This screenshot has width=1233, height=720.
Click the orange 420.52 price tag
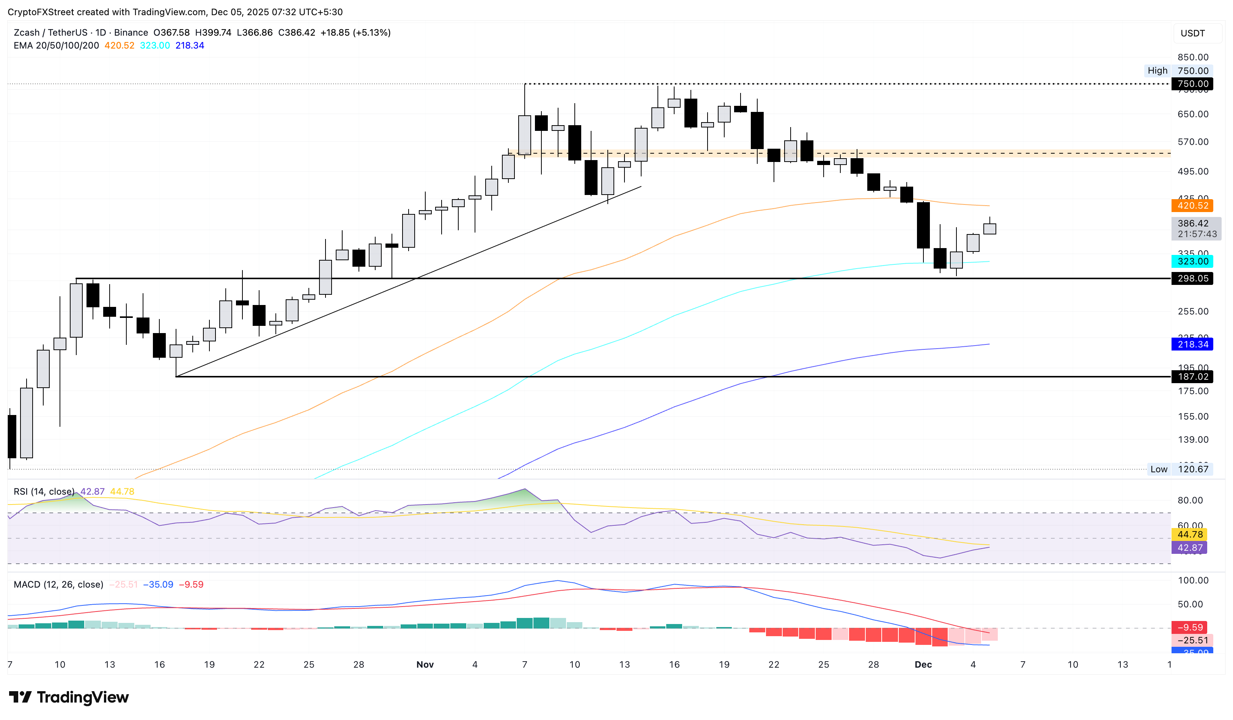pyautogui.click(x=1192, y=206)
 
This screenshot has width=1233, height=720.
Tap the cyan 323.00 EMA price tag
pyautogui.click(x=1192, y=261)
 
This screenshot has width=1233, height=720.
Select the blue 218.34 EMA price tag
pyautogui.click(x=1192, y=344)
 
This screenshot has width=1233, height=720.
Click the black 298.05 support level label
pyautogui.click(x=1192, y=279)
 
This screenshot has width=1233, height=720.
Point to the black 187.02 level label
pyautogui.click(x=1192, y=377)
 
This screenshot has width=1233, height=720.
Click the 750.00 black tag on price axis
pyautogui.click(x=1192, y=83)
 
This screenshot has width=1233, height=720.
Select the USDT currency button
pyautogui.click(x=1192, y=33)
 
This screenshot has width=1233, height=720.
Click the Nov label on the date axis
pyautogui.click(x=425, y=664)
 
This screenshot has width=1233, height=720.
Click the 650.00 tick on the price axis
pyautogui.click(x=1192, y=114)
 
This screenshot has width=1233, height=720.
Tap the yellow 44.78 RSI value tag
pyautogui.click(x=1189, y=534)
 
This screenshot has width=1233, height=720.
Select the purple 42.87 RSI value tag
pyautogui.click(x=1189, y=548)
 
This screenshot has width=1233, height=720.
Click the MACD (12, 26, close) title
pyautogui.click(x=58, y=585)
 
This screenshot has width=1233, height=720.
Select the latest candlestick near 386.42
pyautogui.click(x=989, y=228)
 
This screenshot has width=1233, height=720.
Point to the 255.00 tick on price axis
pyautogui.click(x=1192, y=311)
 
